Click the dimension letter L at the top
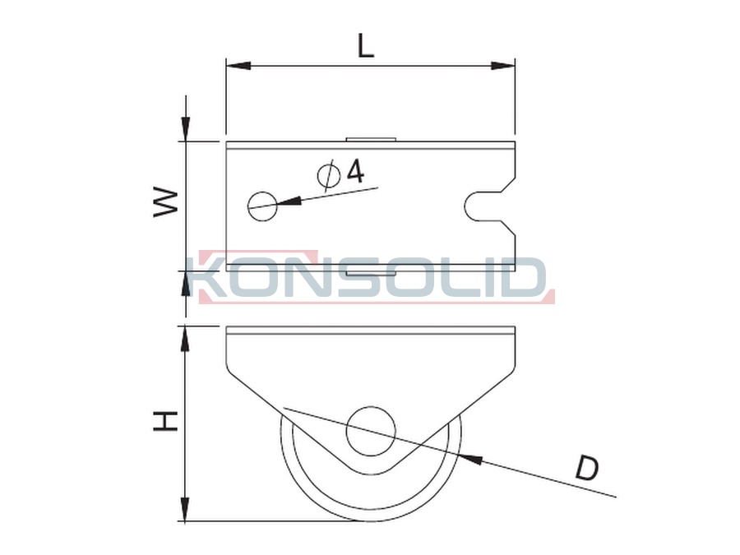tap(366, 45)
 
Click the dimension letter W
tap(165, 203)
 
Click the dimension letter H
tap(165, 420)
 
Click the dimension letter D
tap(586, 468)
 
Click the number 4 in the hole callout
tap(355, 170)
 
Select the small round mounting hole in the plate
tap(263, 206)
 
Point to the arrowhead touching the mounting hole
tap(289, 201)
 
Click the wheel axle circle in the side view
tap(371, 431)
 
